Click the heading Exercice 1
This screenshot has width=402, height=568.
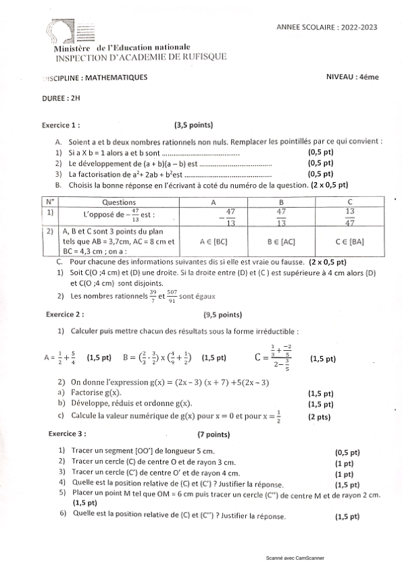point(61,125)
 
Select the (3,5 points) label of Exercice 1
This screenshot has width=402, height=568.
point(193,125)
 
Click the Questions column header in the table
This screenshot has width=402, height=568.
point(118,202)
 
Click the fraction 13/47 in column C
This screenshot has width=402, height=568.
point(349,217)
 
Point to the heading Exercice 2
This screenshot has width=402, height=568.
point(65,314)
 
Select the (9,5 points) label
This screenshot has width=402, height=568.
point(222,314)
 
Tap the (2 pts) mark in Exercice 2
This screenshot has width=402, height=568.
point(320,418)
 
